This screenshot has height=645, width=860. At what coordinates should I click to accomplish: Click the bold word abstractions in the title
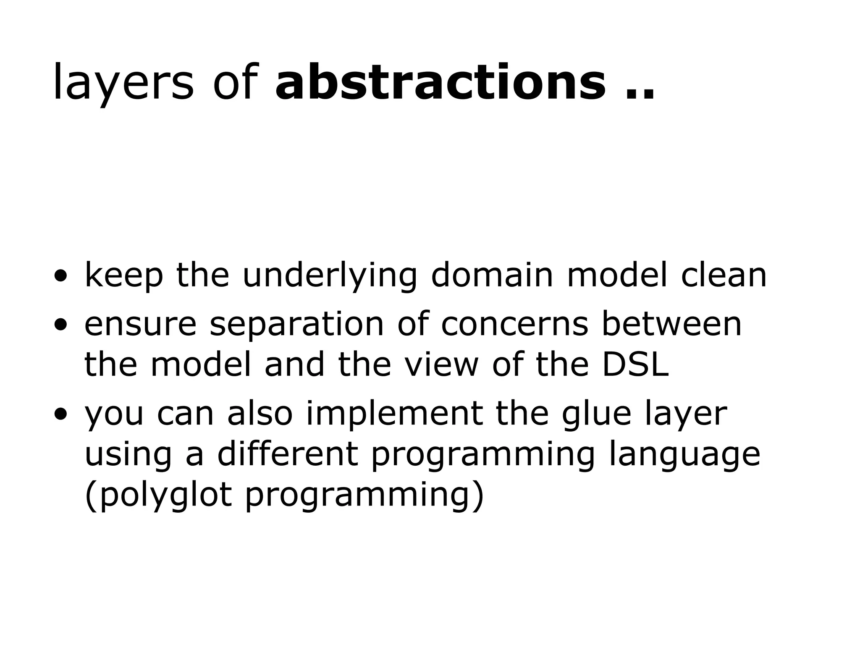point(440,82)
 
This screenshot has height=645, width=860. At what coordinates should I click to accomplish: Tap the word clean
point(724,275)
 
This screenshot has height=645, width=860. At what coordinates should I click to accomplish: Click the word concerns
point(515,324)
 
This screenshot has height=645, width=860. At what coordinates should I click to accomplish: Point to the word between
point(671,324)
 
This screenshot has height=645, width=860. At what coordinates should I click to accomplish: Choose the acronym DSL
point(635,364)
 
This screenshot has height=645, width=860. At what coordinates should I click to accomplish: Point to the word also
point(260,413)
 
